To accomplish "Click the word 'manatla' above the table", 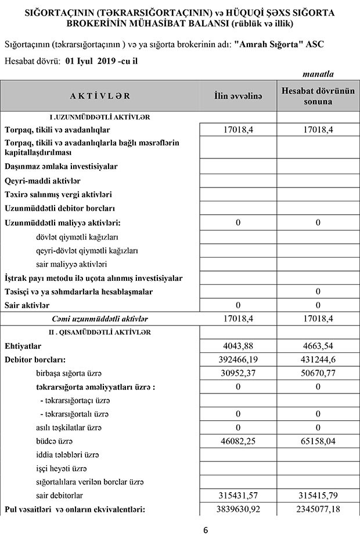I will (x=318, y=74).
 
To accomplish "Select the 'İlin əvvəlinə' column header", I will (x=237, y=96).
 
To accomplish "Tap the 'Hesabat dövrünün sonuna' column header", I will (x=318, y=96).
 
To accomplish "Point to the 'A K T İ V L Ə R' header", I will (x=100, y=96).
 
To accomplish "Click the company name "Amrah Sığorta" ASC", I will (x=278, y=44).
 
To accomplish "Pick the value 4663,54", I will (x=318, y=346).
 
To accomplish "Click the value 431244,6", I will (x=318, y=360).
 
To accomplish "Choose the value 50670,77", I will (x=318, y=374).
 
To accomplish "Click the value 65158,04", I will (x=318, y=442).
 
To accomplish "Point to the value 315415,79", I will (x=318, y=496).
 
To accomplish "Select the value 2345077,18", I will (x=318, y=510).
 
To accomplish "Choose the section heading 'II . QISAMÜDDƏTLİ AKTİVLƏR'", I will (x=100, y=332).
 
